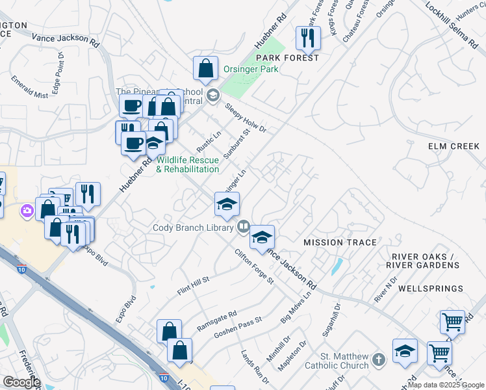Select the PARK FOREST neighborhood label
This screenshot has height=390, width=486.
292,58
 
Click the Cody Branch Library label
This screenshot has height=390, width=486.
193,227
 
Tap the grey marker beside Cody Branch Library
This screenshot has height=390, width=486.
243,227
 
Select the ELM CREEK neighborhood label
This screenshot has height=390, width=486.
454,146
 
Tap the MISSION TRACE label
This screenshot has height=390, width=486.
340,242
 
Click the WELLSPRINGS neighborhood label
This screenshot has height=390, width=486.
430,288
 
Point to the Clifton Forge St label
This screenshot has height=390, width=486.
255,268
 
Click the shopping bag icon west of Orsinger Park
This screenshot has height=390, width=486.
205,68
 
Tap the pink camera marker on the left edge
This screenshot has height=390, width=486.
27,211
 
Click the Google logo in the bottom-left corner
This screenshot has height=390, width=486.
21,382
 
